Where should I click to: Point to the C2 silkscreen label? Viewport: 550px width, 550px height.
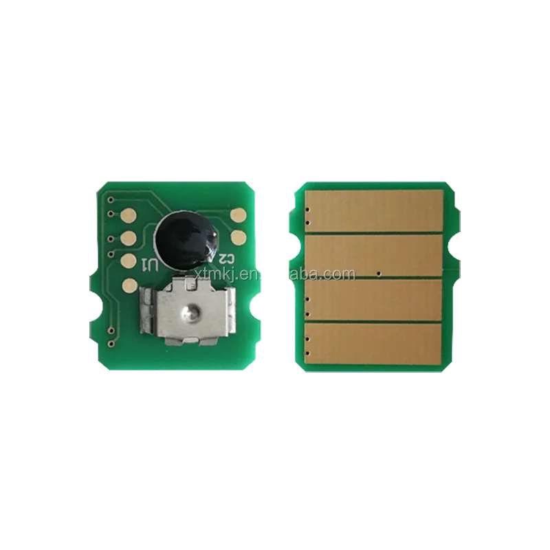click(223, 258)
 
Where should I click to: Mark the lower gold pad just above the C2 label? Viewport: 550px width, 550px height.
click(239, 238)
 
